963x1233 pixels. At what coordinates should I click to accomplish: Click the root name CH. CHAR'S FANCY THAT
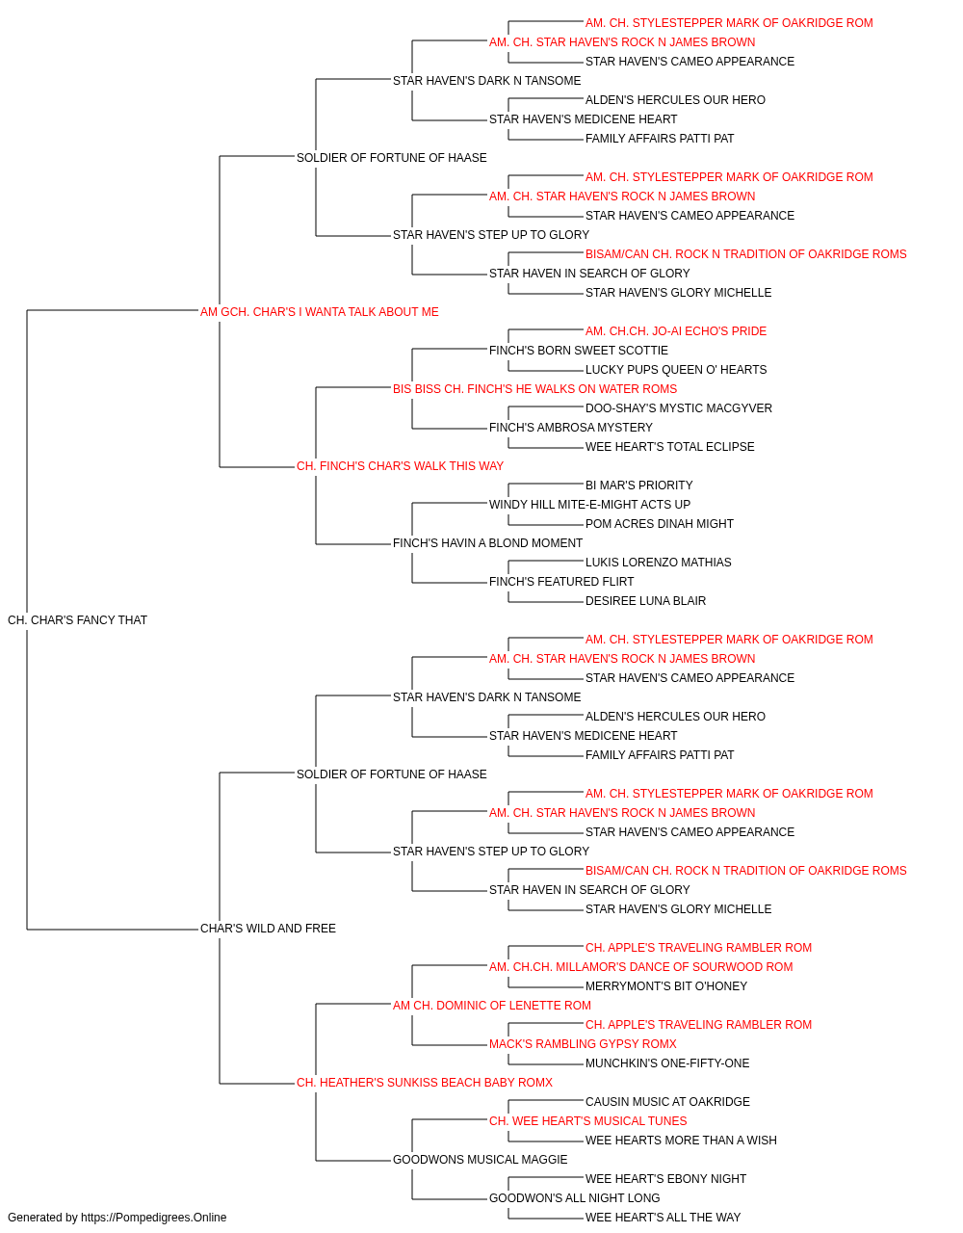[x=77, y=620]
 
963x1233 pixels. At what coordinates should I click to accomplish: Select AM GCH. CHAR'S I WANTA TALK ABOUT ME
[x=320, y=312]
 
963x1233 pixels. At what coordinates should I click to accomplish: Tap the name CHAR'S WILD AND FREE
[x=268, y=929]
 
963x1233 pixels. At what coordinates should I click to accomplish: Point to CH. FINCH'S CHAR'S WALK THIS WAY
[x=400, y=466]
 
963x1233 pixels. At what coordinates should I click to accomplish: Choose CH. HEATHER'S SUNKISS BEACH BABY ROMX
[x=425, y=1083]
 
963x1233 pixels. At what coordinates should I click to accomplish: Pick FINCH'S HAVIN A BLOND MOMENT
[x=487, y=543]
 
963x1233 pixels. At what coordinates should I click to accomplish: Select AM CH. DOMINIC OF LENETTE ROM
[x=492, y=1006]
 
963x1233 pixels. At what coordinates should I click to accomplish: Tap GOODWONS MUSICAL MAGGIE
[x=480, y=1160]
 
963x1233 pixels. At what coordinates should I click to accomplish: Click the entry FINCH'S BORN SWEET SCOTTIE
[x=579, y=351]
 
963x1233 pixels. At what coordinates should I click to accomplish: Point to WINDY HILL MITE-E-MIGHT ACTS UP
[x=589, y=505]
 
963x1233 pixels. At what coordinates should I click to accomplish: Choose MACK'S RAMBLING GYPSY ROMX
[x=583, y=1044]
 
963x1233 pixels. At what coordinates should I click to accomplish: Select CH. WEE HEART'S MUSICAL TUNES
[x=588, y=1121]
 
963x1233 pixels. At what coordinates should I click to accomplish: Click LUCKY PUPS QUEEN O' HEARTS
[x=676, y=370]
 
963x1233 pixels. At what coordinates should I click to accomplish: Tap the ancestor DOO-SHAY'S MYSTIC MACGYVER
[x=679, y=408]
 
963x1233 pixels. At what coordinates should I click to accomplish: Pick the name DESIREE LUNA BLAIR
[x=645, y=601]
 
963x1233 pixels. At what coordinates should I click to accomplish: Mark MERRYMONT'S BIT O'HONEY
[x=666, y=986]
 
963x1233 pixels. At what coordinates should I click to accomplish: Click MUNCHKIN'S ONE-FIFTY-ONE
[x=667, y=1063]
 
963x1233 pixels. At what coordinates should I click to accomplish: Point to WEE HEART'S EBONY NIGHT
[x=665, y=1179]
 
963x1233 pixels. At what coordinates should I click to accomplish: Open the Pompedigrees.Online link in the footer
[x=154, y=1218]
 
